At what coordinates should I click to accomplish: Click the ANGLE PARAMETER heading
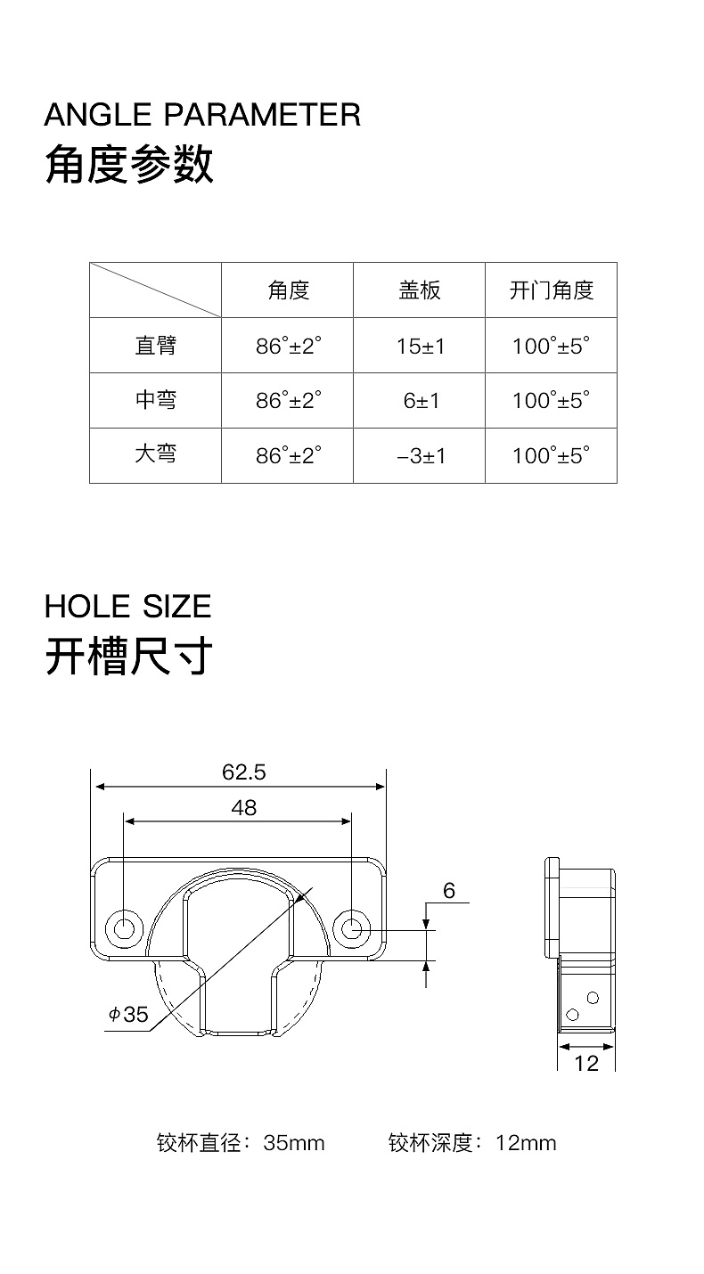[x=202, y=115]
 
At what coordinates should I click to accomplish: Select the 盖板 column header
[x=419, y=290]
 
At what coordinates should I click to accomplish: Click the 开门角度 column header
[x=551, y=290]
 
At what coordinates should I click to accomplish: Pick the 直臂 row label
[x=155, y=346]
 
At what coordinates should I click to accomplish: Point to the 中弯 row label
[x=155, y=400]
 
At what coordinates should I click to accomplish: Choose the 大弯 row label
[x=155, y=454]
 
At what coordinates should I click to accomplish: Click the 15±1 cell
[x=420, y=347]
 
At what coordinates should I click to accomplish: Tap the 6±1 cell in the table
[x=421, y=401]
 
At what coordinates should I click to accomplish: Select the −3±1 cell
[x=420, y=456]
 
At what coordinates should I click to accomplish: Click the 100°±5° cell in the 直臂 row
[x=551, y=347]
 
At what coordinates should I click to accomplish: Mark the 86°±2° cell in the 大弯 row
[x=288, y=456]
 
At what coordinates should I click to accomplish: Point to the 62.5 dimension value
[x=243, y=772]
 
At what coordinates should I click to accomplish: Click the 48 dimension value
[x=243, y=807]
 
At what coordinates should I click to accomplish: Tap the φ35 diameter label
[x=128, y=1014]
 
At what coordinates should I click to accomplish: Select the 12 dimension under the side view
[x=586, y=1063]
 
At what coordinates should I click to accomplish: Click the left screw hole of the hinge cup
[x=124, y=927]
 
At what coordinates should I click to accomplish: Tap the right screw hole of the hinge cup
[x=352, y=927]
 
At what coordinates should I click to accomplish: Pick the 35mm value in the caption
[x=294, y=1143]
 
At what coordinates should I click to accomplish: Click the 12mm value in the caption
[x=526, y=1143]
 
